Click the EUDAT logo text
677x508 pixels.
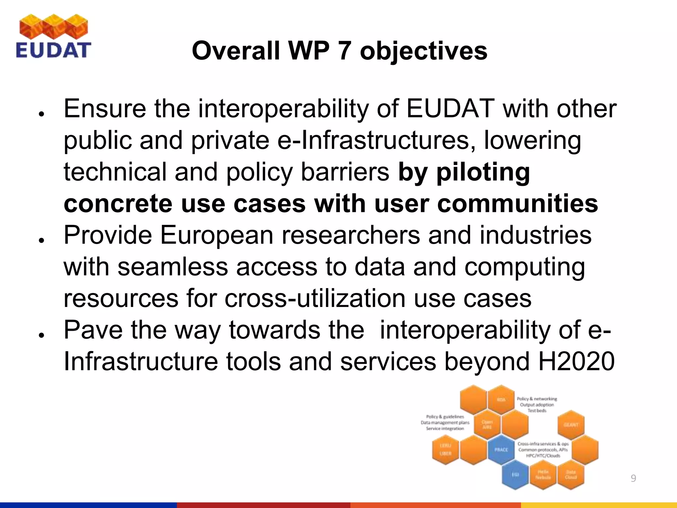(53, 50)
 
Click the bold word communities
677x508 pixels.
(517, 203)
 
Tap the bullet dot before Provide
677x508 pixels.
(41, 240)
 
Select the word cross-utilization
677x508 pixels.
(315, 298)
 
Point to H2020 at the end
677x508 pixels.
(576, 361)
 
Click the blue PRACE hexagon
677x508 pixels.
(501, 450)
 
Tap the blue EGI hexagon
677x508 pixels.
(515, 474)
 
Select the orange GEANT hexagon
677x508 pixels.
(571, 425)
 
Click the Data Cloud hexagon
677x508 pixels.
(571, 475)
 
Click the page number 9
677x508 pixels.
(633, 478)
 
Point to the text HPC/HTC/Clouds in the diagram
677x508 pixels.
(543, 456)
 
